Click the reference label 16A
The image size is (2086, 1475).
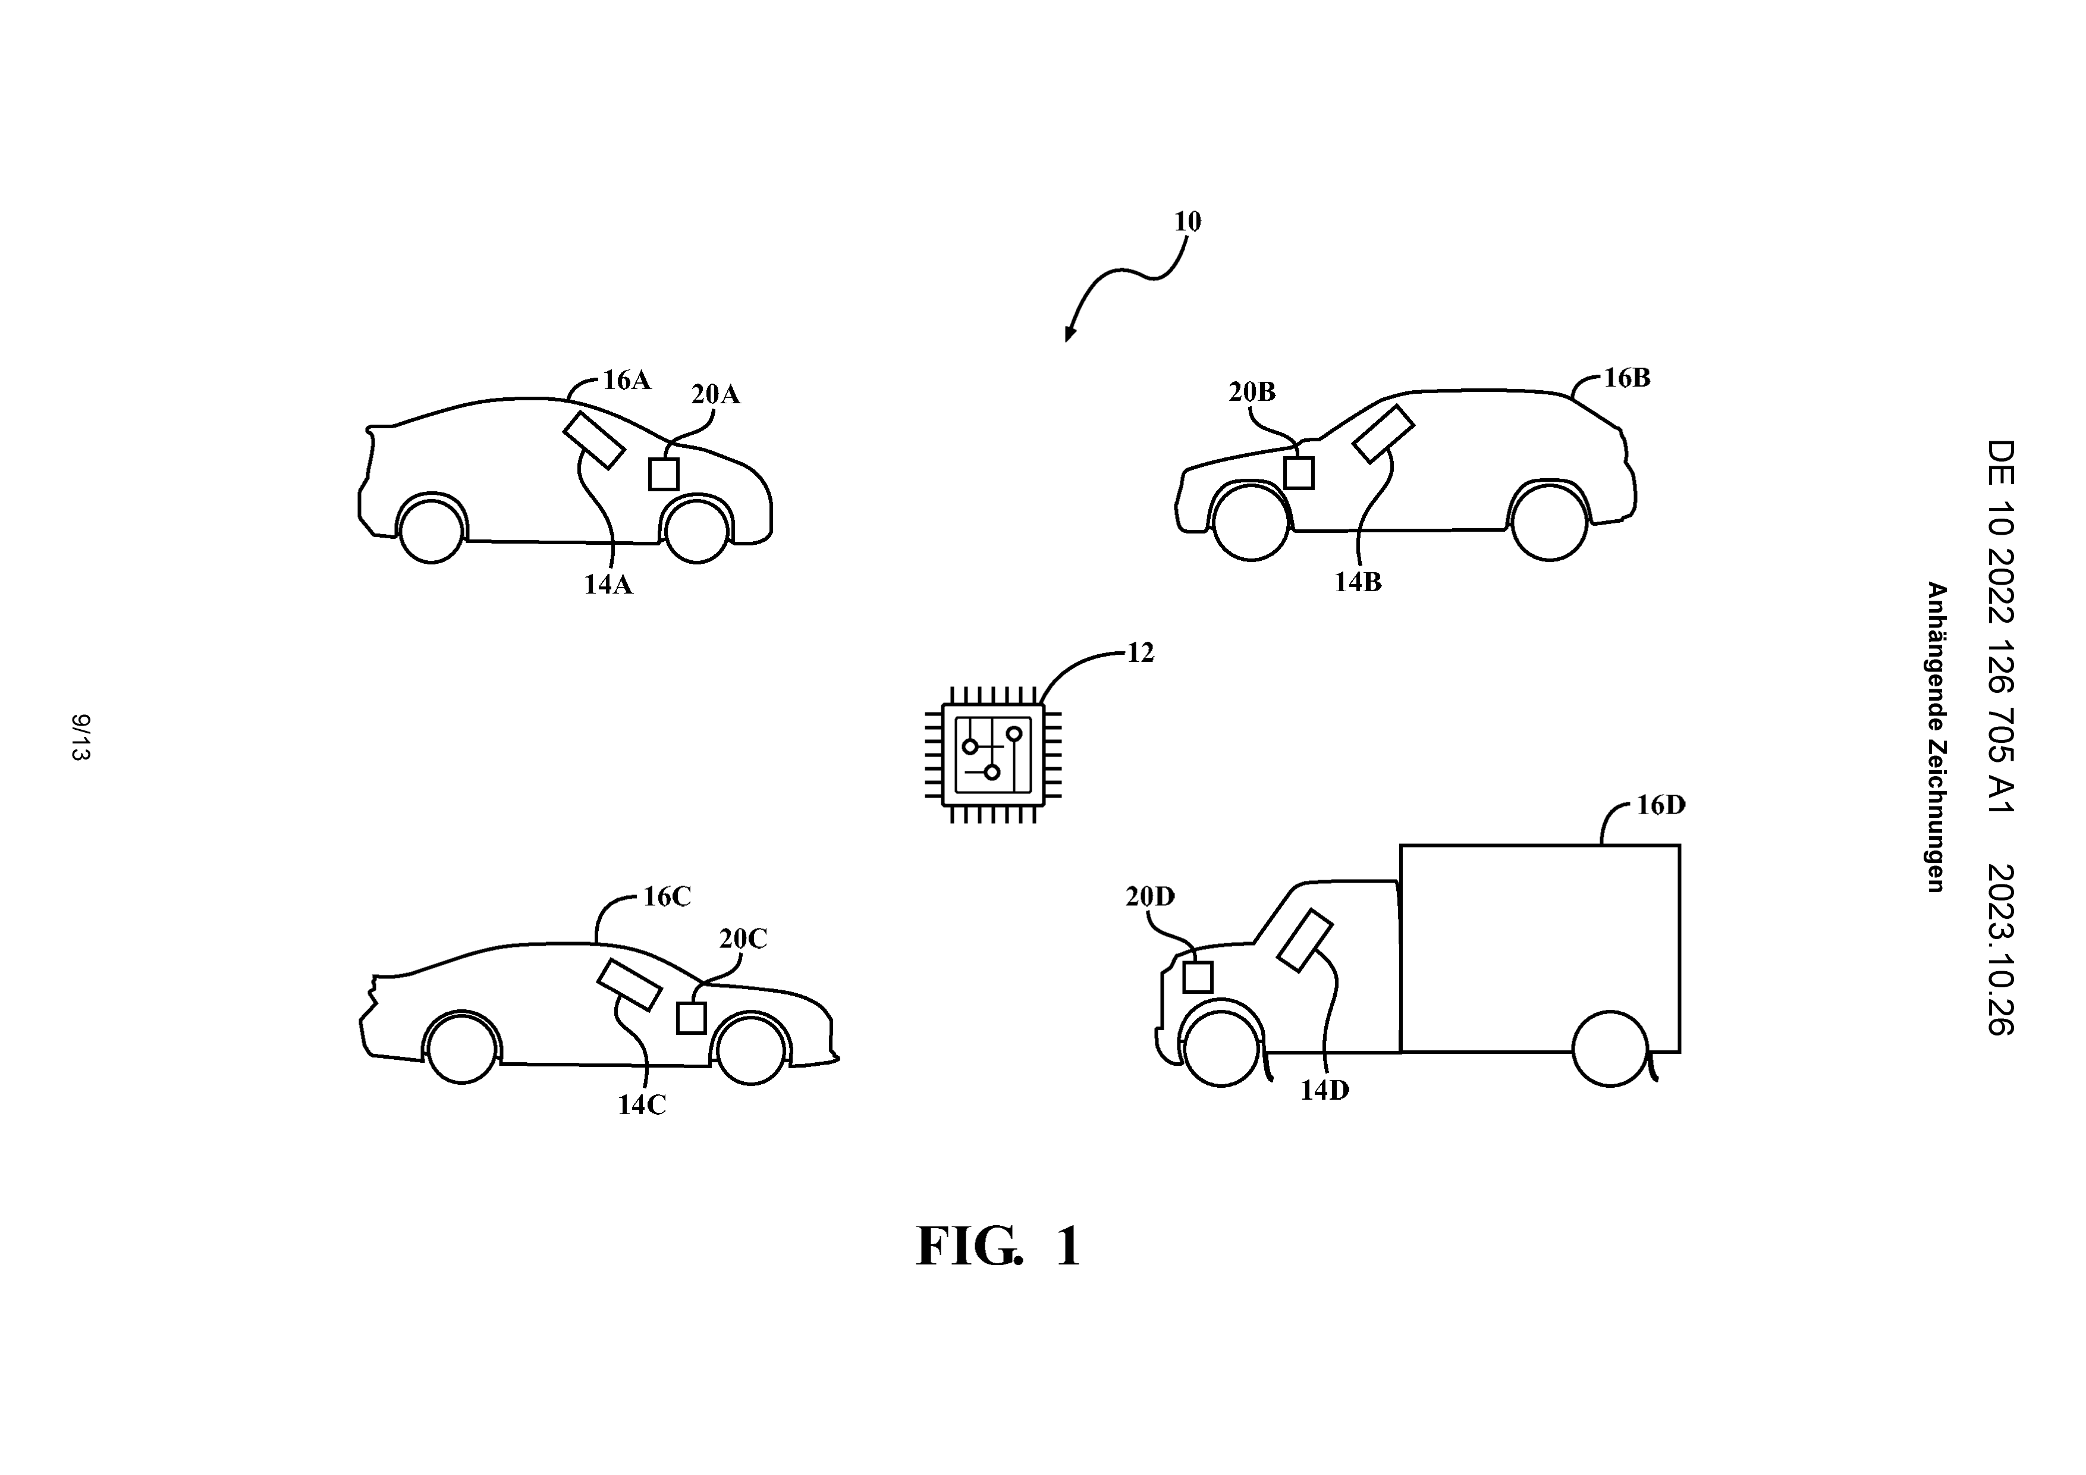point(627,381)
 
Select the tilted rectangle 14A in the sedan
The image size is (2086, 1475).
point(594,441)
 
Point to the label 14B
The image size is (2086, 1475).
point(1358,582)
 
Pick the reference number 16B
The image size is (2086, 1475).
point(1626,378)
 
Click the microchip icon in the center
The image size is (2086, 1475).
point(993,754)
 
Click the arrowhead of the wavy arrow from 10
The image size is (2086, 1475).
point(1069,334)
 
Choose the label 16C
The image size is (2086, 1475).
point(668,897)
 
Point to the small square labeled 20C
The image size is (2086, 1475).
point(692,1018)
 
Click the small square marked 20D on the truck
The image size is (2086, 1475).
point(1198,977)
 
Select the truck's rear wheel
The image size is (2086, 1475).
point(1610,1049)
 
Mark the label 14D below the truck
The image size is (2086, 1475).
point(1325,1091)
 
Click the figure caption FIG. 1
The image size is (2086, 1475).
point(998,1246)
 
